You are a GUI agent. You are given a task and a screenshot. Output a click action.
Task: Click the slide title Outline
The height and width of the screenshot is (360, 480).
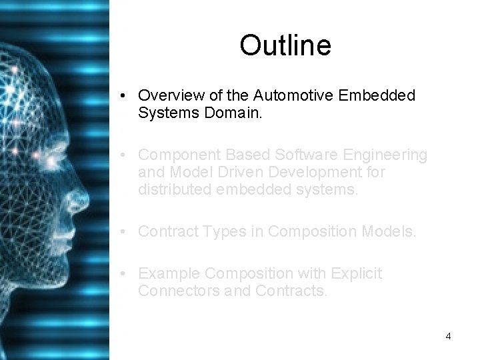pyautogui.click(x=285, y=46)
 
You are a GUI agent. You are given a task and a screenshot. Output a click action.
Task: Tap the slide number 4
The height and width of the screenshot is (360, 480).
pyautogui.click(x=448, y=336)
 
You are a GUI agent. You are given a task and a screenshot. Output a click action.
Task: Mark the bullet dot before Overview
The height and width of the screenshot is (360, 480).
pyautogui.click(x=125, y=96)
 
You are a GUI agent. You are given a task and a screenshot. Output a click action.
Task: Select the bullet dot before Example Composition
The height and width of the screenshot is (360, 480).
pyautogui.click(x=125, y=274)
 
